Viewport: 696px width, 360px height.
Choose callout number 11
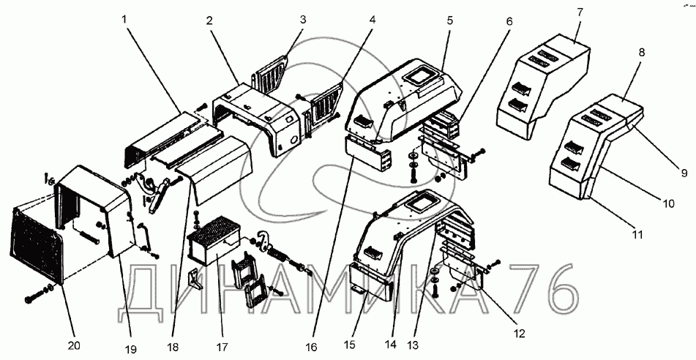(637, 235)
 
